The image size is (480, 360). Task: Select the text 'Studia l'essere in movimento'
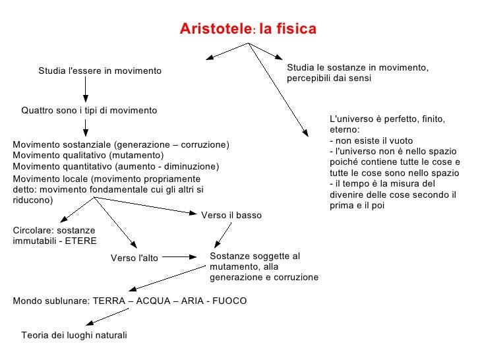pos(100,71)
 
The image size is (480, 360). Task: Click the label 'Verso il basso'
pos(231,216)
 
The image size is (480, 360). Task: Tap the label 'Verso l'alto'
pos(134,258)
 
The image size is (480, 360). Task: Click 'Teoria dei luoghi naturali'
pos(74,336)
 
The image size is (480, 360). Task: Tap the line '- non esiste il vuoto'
pos(371,141)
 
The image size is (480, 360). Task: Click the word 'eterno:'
pos(343,130)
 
